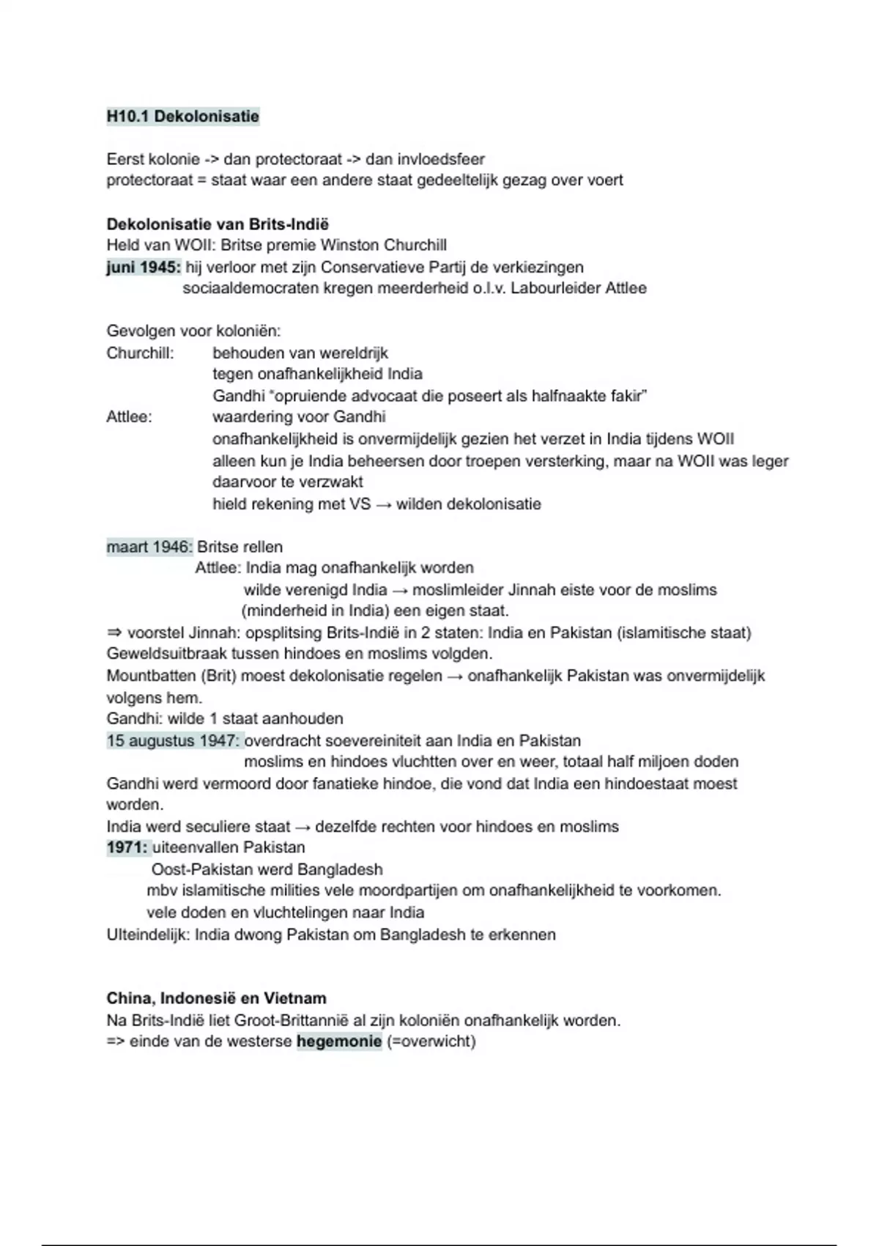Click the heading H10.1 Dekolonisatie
tap(182, 117)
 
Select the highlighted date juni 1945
tap(144, 267)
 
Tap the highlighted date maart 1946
tap(149, 547)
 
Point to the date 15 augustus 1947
tap(173, 740)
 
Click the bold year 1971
tap(127, 847)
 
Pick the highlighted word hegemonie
tap(339, 1041)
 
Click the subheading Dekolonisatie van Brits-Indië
tap(218, 224)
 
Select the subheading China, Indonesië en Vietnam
tap(216, 998)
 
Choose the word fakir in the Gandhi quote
tap(627, 396)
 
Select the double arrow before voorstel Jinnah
tap(114, 633)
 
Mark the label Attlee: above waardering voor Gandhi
tap(129, 417)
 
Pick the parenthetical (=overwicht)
tap(431, 1041)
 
